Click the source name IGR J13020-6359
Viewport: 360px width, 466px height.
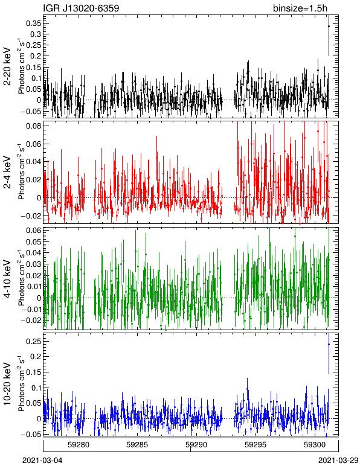(81, 8)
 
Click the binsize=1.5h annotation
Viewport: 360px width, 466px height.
(300, 8)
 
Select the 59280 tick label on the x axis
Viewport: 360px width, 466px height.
(79, 445)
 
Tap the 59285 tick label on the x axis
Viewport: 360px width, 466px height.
(137, 445)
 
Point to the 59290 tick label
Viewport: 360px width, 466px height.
(196, 445)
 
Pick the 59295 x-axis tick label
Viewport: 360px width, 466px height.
(256, 445)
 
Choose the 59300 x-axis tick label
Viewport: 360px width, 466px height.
(315, 445)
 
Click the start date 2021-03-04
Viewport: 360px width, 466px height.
(42, 461)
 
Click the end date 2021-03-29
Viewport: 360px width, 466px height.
(338, 461)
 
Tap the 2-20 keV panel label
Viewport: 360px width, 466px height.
(7, 66)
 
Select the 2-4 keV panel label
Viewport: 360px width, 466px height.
(7, 173)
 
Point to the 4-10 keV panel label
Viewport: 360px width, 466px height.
(7, 279)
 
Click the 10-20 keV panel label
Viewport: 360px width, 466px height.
(7, 384)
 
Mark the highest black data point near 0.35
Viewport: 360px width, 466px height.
(329, 26)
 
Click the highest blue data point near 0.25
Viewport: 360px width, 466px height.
(329, 344)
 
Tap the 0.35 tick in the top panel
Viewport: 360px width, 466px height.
(34, 23)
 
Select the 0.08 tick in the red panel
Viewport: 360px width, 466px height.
(34, 126)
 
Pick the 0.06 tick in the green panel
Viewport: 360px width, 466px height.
(34, 231)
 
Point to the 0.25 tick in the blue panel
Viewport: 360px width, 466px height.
(34, 342)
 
